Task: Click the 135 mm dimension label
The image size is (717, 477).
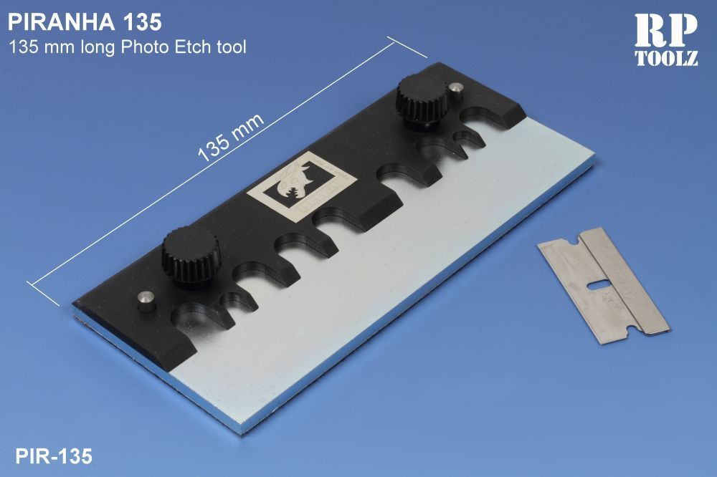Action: (231, 138)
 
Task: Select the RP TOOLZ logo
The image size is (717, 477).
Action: (665, 39)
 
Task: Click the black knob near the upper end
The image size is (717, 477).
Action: (414, 102)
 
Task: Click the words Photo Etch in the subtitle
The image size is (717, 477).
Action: (181, 48)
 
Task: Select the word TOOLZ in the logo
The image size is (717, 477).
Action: (666, 58)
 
